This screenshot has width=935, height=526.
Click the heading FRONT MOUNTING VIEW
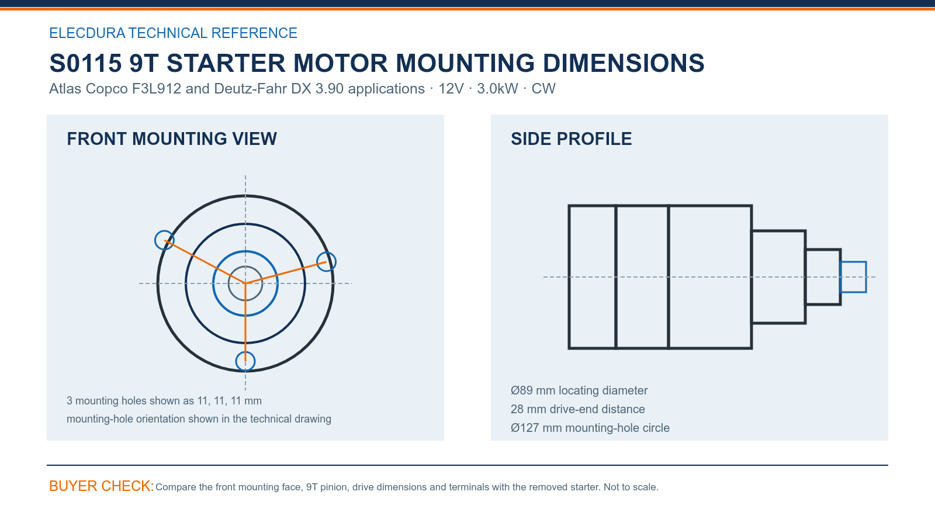pos(172,139)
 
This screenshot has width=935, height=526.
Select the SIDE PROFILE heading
pos(571,139)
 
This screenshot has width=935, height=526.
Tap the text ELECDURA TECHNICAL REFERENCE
pos(173,33)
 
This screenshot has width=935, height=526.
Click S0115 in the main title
pos(85,63)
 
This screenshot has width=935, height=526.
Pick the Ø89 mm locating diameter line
pos(579,390)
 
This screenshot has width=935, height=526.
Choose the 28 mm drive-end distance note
pos(578,409)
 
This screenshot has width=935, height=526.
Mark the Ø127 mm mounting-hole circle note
pos(590,428)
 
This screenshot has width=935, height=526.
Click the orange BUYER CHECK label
pos(102,486)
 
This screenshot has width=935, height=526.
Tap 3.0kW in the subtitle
pos(497,88)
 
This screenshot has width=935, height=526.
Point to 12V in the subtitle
pos(451,88)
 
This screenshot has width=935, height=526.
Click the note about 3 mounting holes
pos(164,401)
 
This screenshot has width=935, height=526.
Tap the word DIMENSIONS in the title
pos(624,63)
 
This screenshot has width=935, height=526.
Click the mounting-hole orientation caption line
pos(199,419)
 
